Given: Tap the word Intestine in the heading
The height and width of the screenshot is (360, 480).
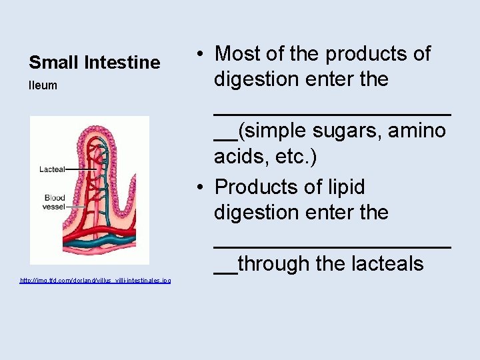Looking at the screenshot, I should click(123, 63).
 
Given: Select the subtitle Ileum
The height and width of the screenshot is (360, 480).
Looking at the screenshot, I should click(43, 85).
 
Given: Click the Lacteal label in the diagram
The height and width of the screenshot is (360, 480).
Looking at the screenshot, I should click(52, 169).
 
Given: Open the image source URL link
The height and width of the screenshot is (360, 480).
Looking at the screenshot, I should click(95, 281).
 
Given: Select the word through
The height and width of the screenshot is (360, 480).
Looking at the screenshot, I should click(274, 264).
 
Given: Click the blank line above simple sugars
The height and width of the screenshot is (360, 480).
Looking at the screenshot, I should click(332, 112).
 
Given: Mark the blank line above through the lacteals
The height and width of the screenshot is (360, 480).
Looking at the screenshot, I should click(332, 245).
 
